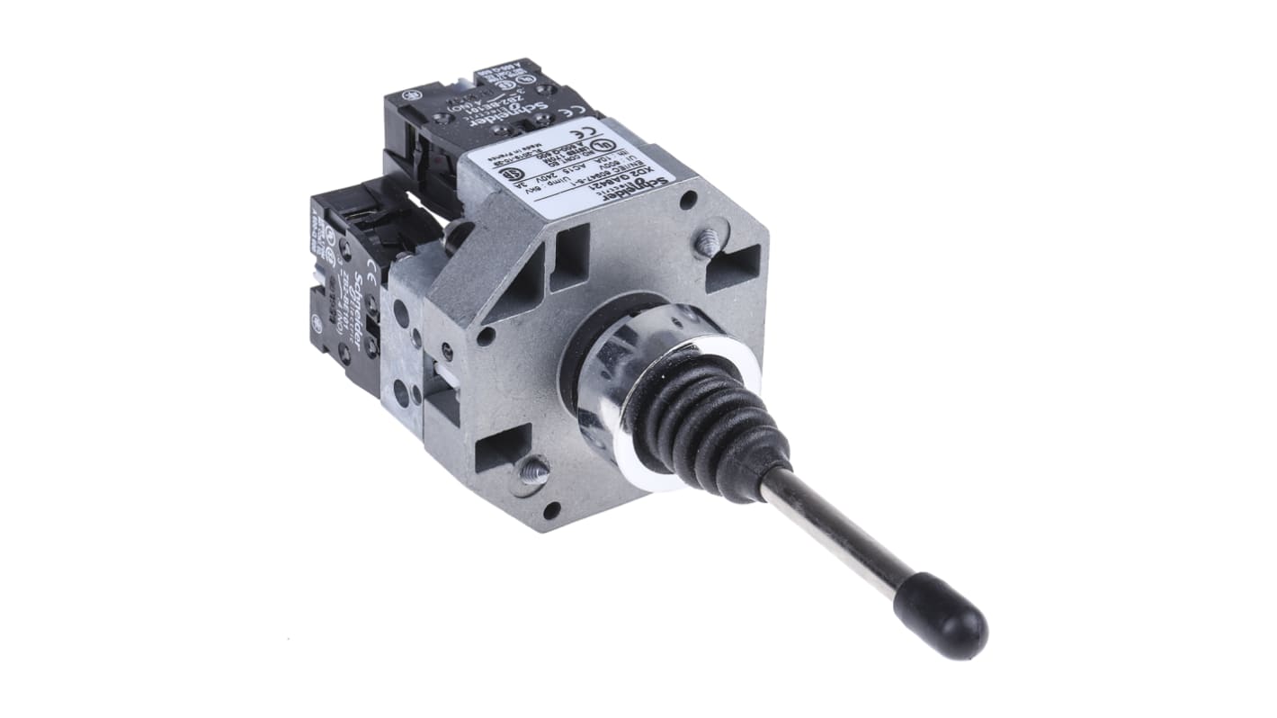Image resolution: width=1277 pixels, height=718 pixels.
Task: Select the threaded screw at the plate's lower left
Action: pyautogui.click(x=532, y=471)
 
